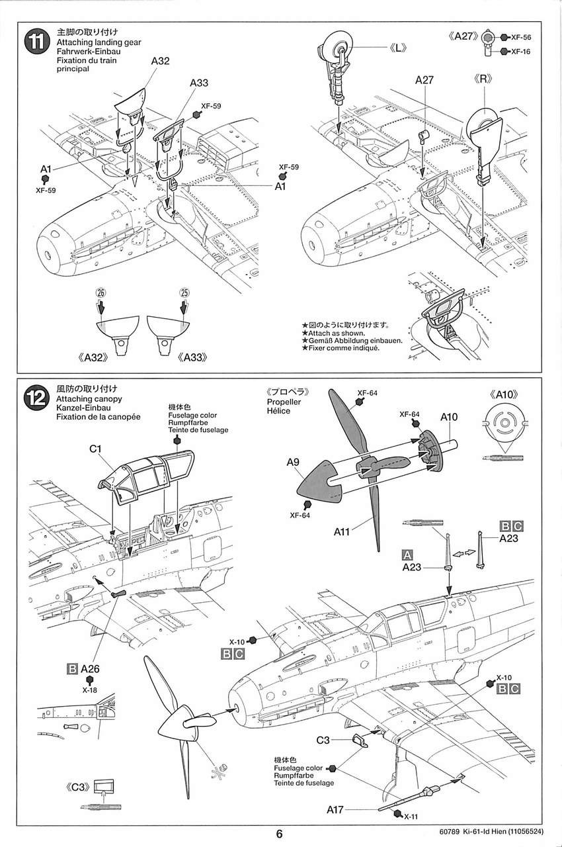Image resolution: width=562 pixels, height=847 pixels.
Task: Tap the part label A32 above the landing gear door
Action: [x=161, y=61]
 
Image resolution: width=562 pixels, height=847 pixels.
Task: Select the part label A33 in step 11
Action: [x=199, y=83]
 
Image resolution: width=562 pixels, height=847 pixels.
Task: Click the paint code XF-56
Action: [x=522, y=38]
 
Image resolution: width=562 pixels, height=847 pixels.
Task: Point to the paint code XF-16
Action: [x=522, y=50]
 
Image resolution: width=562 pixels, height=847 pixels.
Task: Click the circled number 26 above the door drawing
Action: [x=101, y=292]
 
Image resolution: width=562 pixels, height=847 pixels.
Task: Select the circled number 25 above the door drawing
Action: [x=184, y=292]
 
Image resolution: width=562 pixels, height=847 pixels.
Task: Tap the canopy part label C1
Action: [x=95, y=448]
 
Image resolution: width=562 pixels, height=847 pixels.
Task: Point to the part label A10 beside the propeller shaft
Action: [x=449, y=418]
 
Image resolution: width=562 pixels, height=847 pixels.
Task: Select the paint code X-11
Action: [x=411, y=816]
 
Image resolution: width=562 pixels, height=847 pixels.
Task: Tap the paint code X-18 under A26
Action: [x=90, y=690]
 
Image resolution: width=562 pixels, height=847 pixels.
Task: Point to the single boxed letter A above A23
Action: [x=408, y=555]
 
